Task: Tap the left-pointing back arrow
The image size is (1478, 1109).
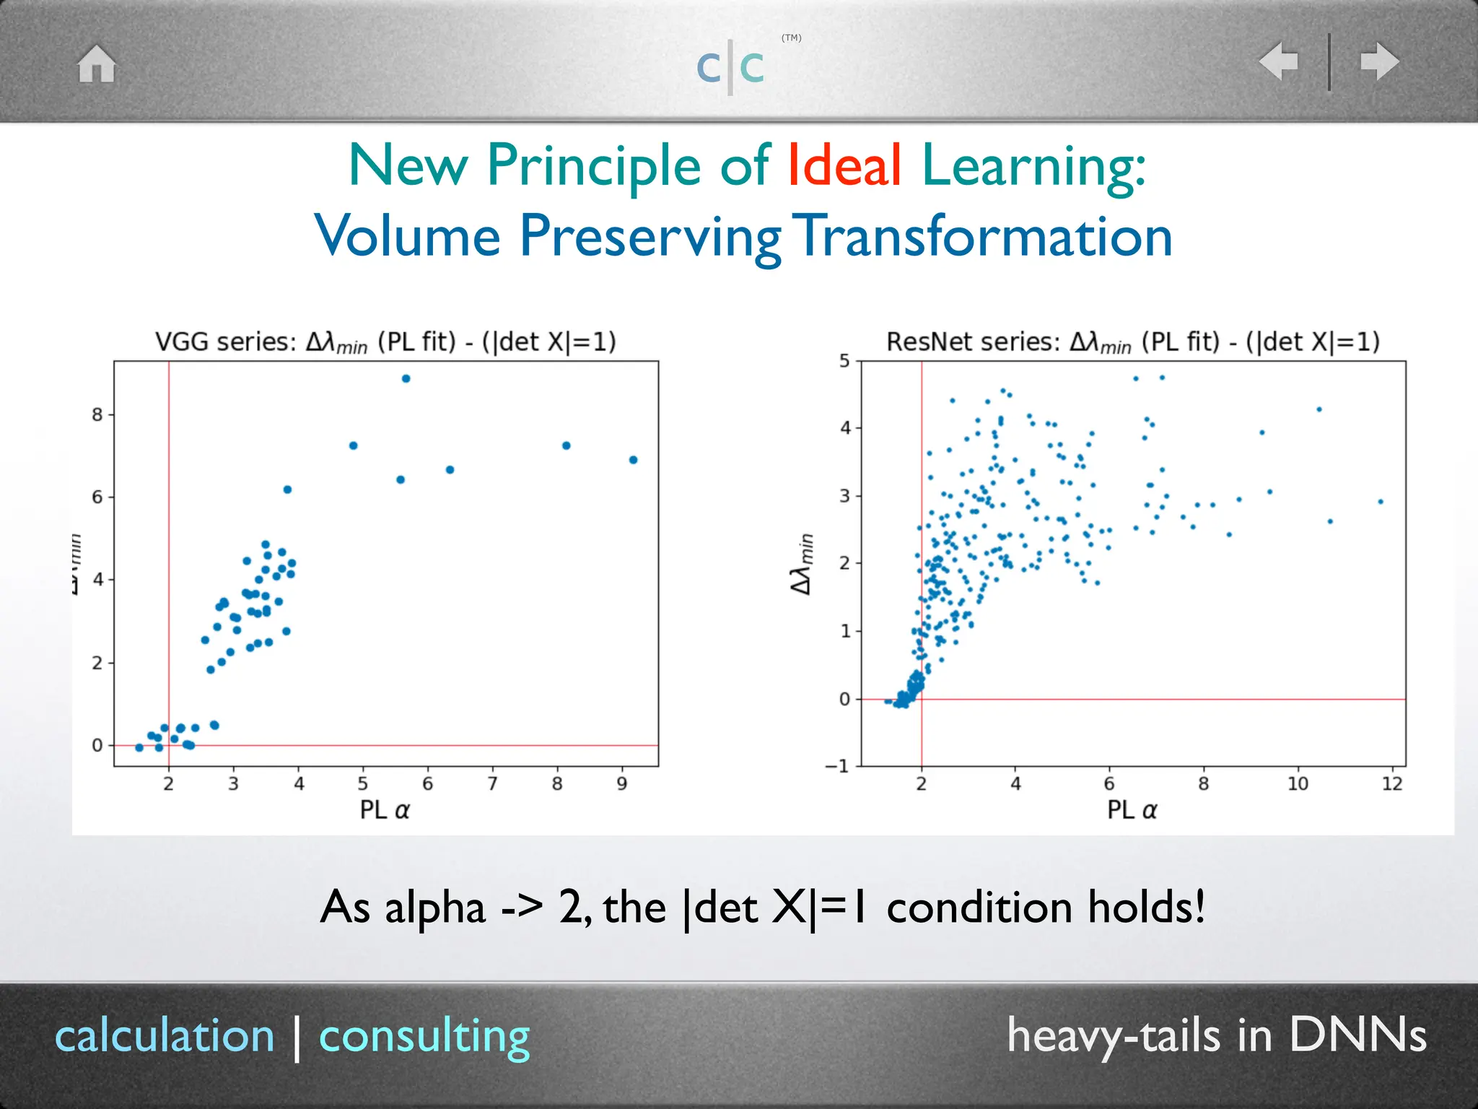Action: [1278, 61]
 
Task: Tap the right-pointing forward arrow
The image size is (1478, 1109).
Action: [1379, 61]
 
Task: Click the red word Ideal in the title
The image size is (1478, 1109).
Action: [844, 165]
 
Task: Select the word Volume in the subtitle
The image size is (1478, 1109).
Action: [408, 236]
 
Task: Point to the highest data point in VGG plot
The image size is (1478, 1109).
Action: [406, 378]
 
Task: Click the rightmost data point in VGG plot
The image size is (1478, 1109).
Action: [633, 460]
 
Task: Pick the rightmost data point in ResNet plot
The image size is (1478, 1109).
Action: [1380, 501]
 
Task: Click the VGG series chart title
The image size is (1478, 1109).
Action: [386, 342]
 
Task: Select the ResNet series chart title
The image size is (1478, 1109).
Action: [1132, 342]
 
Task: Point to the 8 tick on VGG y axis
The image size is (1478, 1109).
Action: [97, 414]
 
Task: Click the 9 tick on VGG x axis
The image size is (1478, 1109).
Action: [622, 783]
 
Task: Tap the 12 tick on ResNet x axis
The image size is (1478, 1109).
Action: [1391, 783]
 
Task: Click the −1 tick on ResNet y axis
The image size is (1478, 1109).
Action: [838, 766]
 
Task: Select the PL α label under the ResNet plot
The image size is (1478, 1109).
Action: [1132, 809]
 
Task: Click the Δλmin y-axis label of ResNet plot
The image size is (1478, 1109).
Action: [803, 563]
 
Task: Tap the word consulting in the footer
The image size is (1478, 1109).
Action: [424, 1036]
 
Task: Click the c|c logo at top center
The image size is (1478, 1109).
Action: [730, 67]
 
